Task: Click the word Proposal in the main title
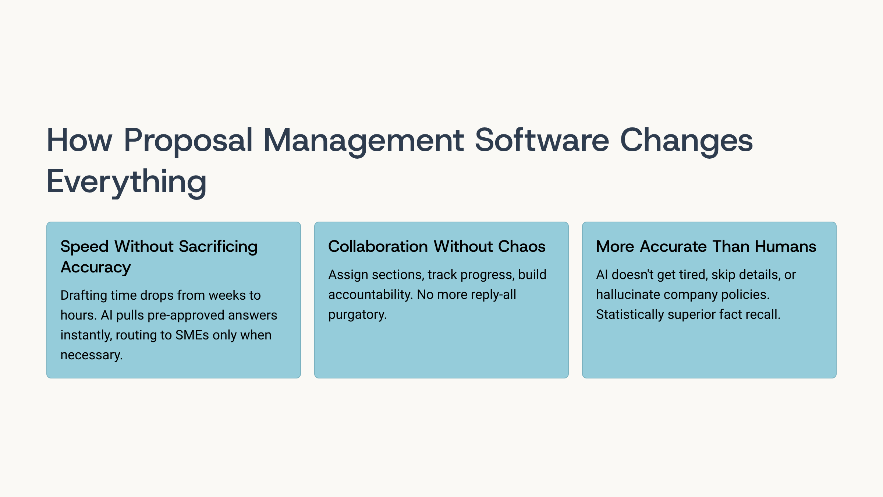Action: point(188,141)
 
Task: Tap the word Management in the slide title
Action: point(364,141)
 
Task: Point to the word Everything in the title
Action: point(127,182)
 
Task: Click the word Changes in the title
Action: point(687,141)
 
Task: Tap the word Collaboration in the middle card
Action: point(378,246)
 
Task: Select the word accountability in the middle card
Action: point(370,295)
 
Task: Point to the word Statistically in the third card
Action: point(630,315)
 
